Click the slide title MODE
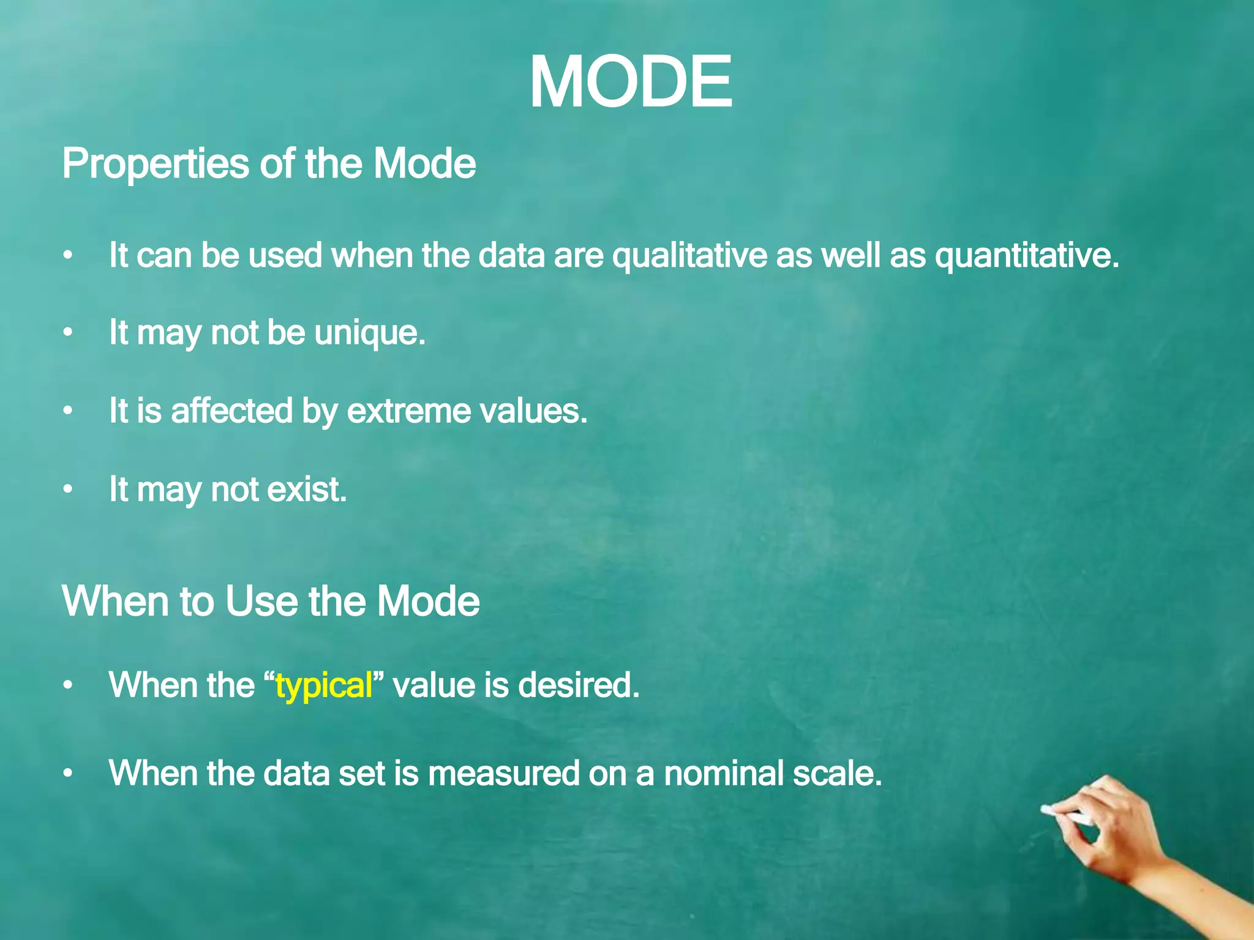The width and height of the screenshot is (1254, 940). tap(630, 82)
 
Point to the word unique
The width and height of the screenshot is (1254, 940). tap(369, 333)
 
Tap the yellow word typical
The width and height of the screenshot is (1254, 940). tap(324, 685)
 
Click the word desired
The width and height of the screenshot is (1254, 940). tap(578, 684)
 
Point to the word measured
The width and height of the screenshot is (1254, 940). tap(503, 773)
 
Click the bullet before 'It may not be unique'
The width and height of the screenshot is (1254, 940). tap(68, 333)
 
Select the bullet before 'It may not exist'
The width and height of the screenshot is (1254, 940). tap(68, 490)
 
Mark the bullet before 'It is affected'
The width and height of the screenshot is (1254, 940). tap(68, 411)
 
